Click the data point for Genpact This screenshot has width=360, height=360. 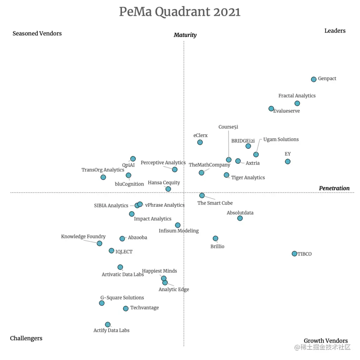click(314, 79)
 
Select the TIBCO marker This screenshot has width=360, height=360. click(294, 253)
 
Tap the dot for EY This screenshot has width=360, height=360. click(288, 161)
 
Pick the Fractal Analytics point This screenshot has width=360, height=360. click(297, 103)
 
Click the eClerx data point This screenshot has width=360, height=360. click(200, 142)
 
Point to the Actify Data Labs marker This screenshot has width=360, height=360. click(108, 324)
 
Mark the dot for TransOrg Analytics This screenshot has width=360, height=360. click(103, 177)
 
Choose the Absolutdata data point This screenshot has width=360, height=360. click(240, 218)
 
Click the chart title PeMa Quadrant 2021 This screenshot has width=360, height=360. click(180, 12)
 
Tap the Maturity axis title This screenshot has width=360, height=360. click(185, 35)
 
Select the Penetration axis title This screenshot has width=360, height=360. click(334, 188)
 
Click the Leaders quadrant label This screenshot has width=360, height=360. click(335, 31)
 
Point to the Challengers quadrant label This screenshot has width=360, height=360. click(26, 338)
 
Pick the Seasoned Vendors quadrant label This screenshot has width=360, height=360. click(37, 33)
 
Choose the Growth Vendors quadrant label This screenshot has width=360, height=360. click(326, 341)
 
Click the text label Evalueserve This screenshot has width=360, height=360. click(286, 111)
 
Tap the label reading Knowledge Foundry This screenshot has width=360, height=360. click(83, 237)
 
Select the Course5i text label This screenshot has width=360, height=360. click(228, 127)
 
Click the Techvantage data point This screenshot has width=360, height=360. click(126, 308)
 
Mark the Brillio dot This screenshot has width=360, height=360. click(216, 238)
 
